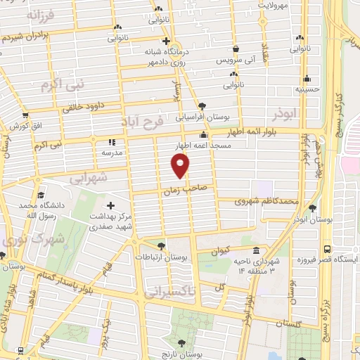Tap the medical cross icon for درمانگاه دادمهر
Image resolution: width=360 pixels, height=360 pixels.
point(165,41)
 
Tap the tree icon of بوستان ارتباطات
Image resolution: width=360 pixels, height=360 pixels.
point(162,245)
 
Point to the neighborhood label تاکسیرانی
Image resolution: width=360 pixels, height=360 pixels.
point(171,290)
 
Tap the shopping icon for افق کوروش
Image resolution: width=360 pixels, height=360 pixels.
point(25,117)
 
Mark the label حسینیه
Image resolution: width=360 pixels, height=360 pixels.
point(307,89)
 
